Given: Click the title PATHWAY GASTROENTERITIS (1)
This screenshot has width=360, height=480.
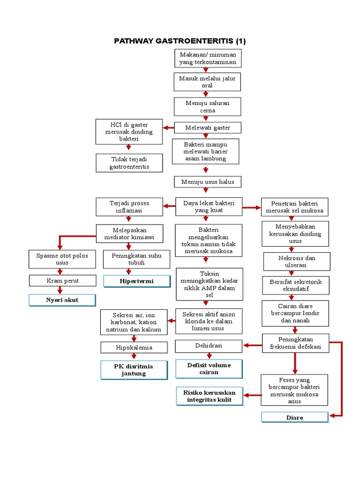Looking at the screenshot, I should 180,41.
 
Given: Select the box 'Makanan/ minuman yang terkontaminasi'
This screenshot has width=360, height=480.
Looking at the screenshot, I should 208,58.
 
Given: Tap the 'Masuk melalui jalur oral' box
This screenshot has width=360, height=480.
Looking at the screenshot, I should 208,82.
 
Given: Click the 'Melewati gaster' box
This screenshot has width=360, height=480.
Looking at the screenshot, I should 208,127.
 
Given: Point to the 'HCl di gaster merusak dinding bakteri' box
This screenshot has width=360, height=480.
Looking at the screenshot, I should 129,132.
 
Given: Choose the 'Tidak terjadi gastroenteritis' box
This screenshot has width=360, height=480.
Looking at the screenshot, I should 129,163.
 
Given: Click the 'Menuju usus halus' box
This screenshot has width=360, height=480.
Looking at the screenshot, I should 208,181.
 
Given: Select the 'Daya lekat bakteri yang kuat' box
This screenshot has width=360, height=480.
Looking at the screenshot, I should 209,206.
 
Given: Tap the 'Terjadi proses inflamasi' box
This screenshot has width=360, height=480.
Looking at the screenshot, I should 129,207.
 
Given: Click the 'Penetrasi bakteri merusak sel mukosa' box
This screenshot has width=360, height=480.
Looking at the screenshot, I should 295,207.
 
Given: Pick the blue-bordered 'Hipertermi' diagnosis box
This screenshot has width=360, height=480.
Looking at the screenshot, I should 137,281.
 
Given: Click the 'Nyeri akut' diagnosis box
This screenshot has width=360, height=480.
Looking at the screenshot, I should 62,300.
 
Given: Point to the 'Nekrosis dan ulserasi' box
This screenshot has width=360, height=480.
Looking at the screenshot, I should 296,262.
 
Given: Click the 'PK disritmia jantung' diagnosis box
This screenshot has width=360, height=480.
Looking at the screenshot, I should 134,369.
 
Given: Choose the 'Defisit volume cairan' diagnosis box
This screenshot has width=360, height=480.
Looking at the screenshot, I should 209,368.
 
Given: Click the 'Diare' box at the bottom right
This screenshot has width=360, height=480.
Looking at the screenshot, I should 295,417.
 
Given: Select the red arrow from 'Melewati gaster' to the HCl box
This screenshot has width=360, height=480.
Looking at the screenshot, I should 168,127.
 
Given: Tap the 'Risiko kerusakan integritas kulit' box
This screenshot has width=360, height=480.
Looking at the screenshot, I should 209,396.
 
